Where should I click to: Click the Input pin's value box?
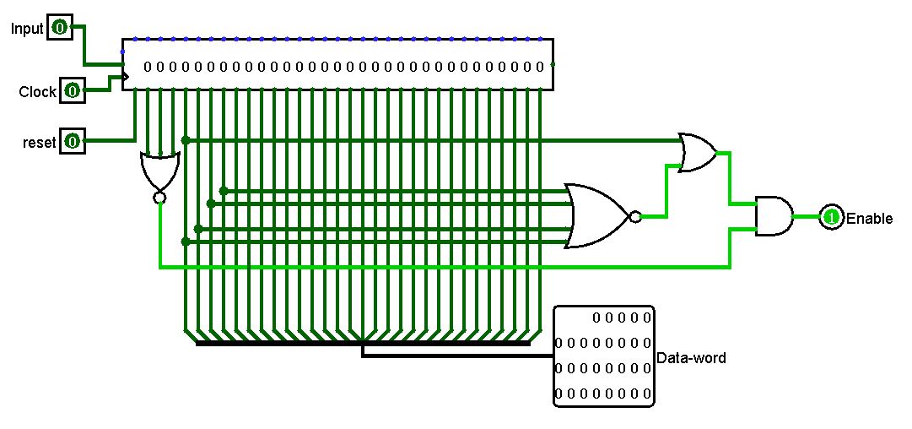(x=59, y=28)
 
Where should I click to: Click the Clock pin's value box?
(x=72, y=90)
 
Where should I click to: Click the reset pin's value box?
(x=72, y=142)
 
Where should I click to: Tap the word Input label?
(x=26, y=29)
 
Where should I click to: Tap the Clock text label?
(x=37, y=91)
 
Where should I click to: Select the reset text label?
(x=39, y=143)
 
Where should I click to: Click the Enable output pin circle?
(x=831, y=217)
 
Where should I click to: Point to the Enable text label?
(x=869, y=218)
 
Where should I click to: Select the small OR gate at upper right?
(x=697, y=153)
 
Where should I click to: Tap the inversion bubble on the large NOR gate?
(x=634, y=217)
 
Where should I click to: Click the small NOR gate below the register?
(x=159, y=171)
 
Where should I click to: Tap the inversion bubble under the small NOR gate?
(x=159, y=198)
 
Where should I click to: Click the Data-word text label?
(x=691, y=358)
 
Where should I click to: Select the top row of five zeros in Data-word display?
(x=622, y=318)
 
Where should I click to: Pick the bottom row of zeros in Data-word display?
(x=602, y=394)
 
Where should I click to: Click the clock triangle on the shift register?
(x=127, y=78)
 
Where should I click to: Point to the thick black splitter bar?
(x=363, y=344)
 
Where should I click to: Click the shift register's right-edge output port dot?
(x=553, y=65)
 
